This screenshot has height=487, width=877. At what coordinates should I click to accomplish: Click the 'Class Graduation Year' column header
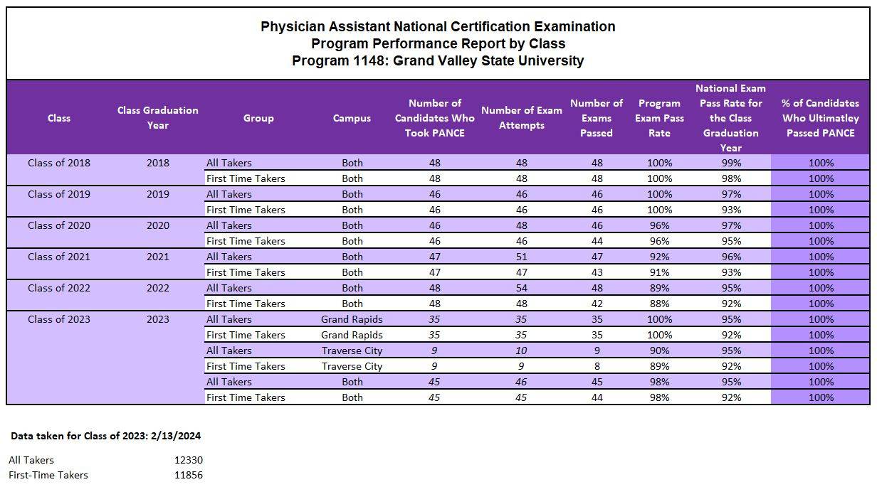[x=157, y=118]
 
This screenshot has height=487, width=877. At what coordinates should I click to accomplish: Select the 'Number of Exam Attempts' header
[x=521, y=118]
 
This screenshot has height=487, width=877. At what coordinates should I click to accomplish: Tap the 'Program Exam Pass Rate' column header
[x=659, y=118]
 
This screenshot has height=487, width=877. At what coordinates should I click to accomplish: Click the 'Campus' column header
[x=352, y=118]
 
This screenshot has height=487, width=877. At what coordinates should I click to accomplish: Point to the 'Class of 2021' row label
[x=59, y=257]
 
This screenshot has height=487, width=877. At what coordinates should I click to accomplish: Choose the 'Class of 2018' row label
[x=59, y=163]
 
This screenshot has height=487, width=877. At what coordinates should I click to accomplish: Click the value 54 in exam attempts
[x=521, y=288]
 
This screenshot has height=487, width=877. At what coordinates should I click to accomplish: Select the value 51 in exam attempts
[x=521, y=257]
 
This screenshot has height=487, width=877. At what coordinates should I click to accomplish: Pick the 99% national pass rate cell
[x=730, y=163]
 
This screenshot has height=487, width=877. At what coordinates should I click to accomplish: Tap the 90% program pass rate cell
[x=659, y=350]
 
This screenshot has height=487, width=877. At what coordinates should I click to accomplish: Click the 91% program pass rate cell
[x=659, y=272]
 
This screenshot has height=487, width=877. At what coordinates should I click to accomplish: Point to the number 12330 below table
[x=189, y=460]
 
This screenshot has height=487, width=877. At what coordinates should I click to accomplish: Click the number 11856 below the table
[x=189, y=475]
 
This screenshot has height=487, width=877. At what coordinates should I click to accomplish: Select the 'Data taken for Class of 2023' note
[x=100, y=435]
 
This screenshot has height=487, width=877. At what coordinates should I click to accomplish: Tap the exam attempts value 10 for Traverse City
[x=521, y=350]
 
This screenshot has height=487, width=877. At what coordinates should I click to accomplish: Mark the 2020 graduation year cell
[x=157, y=225]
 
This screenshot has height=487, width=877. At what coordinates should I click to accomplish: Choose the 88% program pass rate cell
[x=659, y=304]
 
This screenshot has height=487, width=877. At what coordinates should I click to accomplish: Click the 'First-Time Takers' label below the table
[x=48, y=475]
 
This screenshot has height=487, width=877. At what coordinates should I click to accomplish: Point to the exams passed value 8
[x=597, y=366]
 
